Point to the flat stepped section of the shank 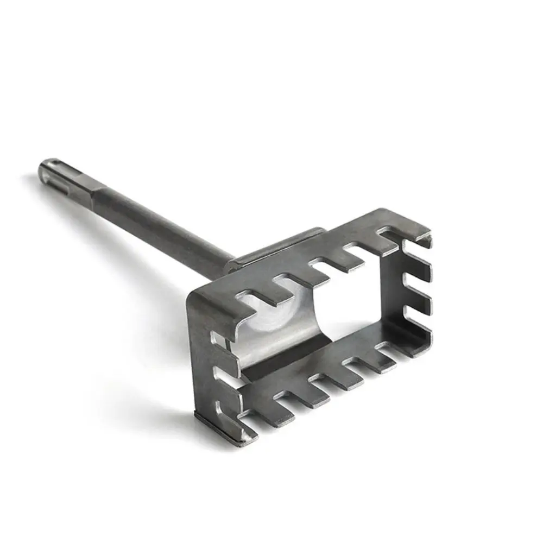(92, 193)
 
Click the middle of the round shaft (157, 228)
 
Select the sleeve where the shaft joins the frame (271, 250)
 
